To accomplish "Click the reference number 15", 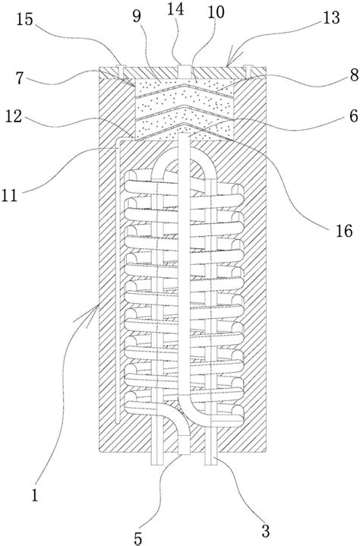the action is click(24, 21).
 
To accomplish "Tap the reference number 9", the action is click(137, 16).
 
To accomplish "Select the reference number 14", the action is click(175, 9).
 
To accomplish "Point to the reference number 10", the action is click(216, 12).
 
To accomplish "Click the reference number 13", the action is click(331, 17).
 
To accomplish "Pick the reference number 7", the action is click(20, 78).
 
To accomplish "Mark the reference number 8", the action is click(354, 75).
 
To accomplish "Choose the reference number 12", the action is click(13, 117).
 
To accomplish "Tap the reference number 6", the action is click(354, 116).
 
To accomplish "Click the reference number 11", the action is click(9, 195).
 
